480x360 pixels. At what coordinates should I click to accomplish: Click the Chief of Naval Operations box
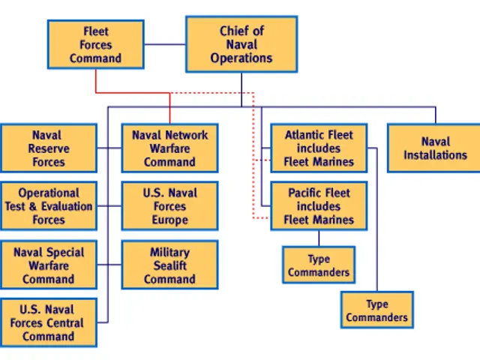[x=241, y=44]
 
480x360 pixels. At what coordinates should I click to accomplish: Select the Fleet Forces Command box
[x=95, y=44]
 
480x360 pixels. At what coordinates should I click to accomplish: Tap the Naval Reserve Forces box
[x=48, y=148]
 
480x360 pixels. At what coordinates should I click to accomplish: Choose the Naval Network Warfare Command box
[x=169, y=148]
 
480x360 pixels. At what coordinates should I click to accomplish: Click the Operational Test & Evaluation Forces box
[x=48, y=206]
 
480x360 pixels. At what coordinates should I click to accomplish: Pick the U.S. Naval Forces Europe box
[x=169, y=206]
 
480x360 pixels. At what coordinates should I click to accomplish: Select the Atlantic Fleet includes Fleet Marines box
[x=319, y=148]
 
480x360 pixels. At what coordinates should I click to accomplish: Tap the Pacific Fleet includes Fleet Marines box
[x=319, y=206]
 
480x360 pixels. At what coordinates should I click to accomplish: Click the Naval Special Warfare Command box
[x=48, y=265]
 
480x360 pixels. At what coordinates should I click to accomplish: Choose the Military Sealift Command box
[x=169, y=265]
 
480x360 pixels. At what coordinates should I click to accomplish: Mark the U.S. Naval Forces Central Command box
[x=48, y=322]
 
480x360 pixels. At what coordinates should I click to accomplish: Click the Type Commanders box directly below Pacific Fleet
[x=319, y=265]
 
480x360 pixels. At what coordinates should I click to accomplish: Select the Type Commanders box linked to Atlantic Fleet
[x=376, y=310]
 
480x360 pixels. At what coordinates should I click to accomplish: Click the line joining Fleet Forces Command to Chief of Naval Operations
[x=164, y=44]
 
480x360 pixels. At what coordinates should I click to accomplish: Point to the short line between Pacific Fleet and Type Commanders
[x=319, y=238]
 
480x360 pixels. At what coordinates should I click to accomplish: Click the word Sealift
[x=169, y=265]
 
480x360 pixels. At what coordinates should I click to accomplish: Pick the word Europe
[x=169, y=220]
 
